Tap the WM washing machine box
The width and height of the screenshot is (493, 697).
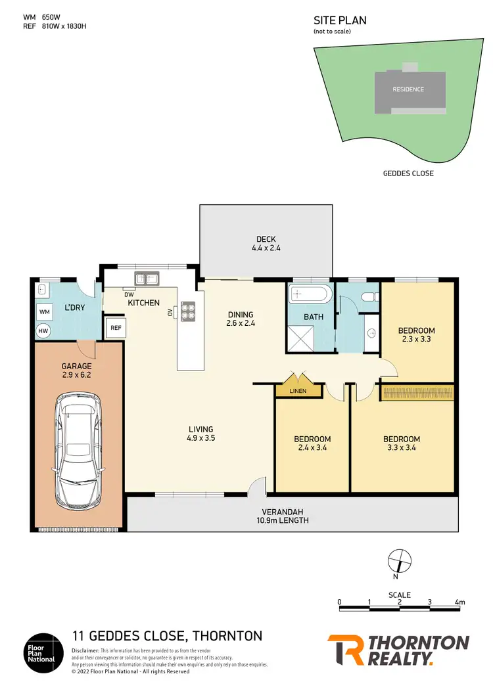click(x=45, y=311)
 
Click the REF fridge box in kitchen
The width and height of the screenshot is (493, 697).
click(x=115, y=328)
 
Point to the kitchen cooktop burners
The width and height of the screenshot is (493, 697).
click(x=188, y=310)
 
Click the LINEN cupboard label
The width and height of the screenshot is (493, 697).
click(x=299, y=391)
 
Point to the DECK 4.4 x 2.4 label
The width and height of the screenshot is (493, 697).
click(x=266, y=244)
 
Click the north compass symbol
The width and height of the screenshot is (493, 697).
click(x=399, y=561)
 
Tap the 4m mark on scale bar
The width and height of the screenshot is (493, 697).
click(x=459, y=602)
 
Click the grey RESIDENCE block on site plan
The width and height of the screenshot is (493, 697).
click(x=408, y=89)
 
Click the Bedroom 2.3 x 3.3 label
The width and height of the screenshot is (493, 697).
click(x=417, y=335)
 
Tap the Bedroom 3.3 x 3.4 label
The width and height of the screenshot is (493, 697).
click(x=401, y=443)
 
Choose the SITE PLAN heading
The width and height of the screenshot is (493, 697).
click(x=340, y=20)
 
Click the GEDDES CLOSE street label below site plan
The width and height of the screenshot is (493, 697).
click(x=408, y=173)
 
